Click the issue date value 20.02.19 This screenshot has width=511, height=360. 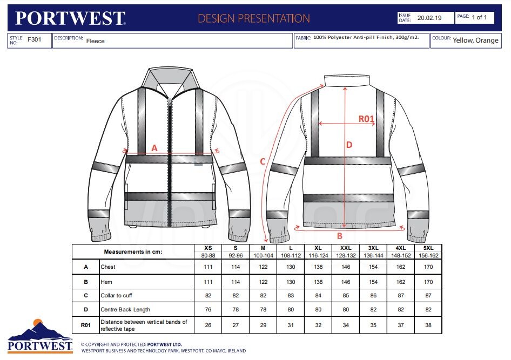429,18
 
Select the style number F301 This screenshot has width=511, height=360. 34,40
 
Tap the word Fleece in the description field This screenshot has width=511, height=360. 95,41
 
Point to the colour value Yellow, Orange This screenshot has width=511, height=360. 475,40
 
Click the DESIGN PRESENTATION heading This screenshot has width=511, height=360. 254,18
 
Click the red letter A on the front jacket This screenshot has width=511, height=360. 154,148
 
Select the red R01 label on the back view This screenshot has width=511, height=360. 366,119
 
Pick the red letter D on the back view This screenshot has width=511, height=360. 349,145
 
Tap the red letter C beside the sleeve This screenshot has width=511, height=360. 263,161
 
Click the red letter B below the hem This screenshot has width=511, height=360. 340,236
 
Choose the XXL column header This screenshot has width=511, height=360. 346,248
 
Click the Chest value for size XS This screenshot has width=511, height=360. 208,267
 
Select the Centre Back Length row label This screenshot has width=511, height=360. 125,310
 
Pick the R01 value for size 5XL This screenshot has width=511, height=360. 428,325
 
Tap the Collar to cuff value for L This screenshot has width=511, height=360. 291,296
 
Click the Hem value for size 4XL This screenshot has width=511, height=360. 401,282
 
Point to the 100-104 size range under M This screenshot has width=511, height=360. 263,255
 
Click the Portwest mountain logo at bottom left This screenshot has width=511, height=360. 40,336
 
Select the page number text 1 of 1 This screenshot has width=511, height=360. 479,18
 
